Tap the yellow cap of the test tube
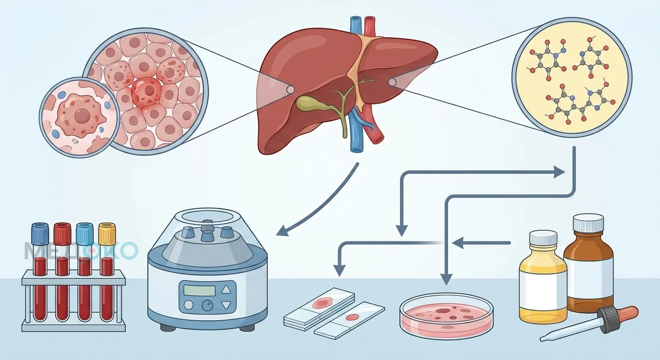107,233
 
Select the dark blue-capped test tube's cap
40,233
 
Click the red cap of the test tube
62,233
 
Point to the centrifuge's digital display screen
200,290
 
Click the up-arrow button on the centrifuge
226,289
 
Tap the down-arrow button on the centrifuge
226,305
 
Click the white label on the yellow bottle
543,290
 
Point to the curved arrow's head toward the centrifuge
283,230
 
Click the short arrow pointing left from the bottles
481,243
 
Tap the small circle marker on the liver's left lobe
291,89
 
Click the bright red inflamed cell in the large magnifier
146,91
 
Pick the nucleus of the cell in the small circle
82,115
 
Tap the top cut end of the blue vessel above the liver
356,18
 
